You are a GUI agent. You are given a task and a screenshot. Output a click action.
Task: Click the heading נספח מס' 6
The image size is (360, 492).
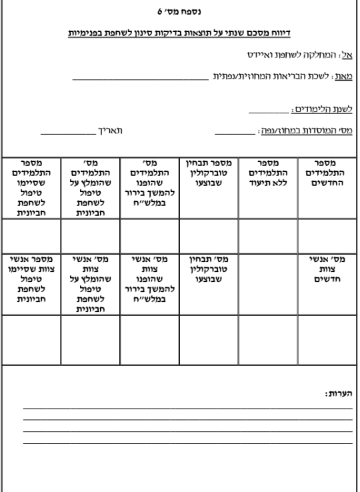coord(180,11)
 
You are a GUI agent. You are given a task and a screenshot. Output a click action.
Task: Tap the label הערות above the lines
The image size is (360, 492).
coord(339,395)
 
